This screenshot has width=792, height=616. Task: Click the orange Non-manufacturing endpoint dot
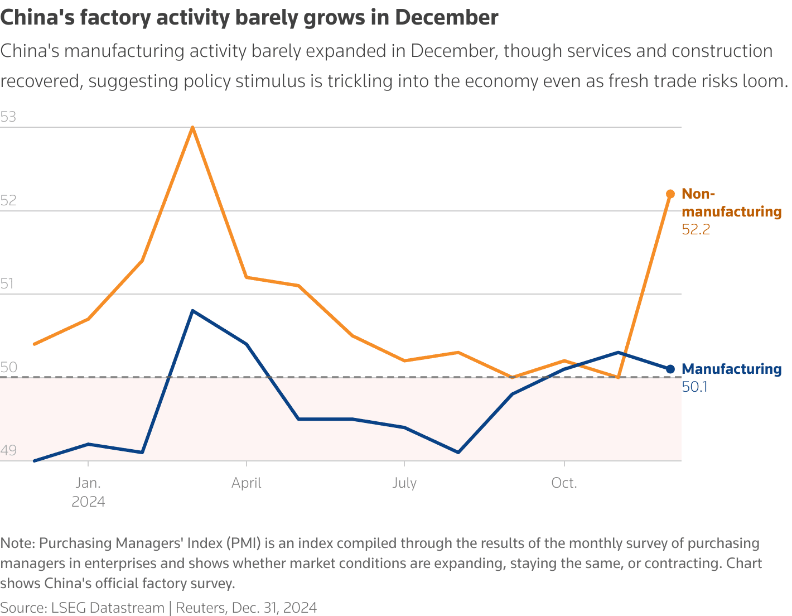point(670,194)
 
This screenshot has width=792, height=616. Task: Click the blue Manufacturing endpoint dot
point(670,369)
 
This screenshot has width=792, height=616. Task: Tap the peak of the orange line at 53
point(192,127)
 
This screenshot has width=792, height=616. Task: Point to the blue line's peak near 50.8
point(192,311)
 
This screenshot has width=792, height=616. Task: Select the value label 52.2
point(696,229)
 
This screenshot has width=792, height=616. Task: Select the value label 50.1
point(694,387)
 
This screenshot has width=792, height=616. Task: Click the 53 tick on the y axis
point(8,117)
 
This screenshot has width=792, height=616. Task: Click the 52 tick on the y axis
point(8,201)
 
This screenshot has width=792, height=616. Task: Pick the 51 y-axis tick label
point(7,284)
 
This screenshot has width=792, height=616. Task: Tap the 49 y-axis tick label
point(8,450)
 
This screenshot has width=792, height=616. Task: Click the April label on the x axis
point(246,483)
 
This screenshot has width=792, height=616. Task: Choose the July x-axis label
point(404,483)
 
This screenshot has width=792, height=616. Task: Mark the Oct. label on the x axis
point(564,483)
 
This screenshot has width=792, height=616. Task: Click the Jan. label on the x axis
point(88,483)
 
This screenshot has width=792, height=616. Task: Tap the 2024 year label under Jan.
point(88,502)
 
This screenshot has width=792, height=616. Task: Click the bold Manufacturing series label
point(731,369)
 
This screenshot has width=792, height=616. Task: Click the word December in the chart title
point(446,18)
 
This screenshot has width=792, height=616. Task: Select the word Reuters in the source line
point(200,608)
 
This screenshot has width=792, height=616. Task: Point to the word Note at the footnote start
point(16,543)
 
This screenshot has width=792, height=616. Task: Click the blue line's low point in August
point(458,452)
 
